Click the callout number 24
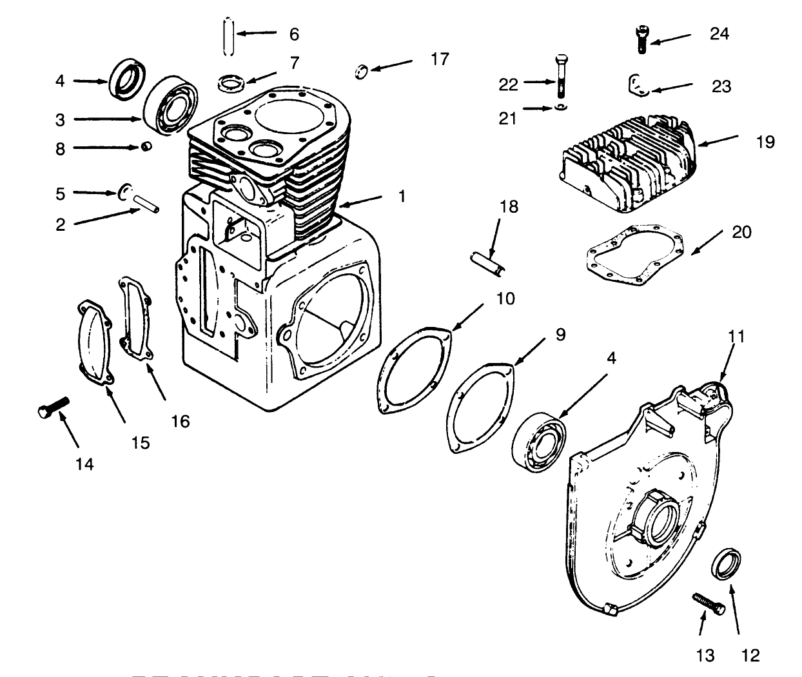[x=719, y=34]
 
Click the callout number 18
[x=508, y=207]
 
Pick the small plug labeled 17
[x=362, y=70]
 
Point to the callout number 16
[x=181, y=422]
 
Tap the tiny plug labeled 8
[x=146, y=147]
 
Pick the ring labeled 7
[x=232, y=82]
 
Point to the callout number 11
[x=736, y=336]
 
